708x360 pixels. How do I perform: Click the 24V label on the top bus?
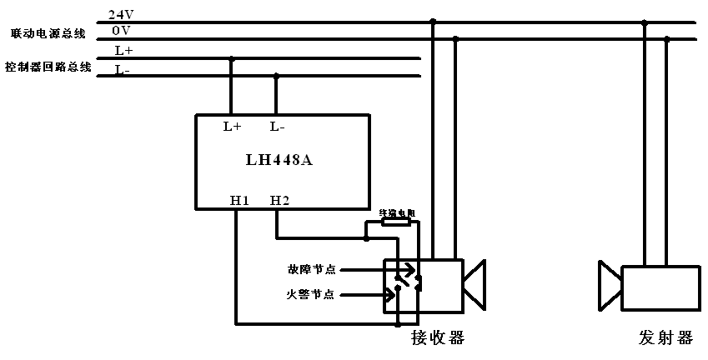(120, 15)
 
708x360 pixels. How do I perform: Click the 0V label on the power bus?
(120, 31)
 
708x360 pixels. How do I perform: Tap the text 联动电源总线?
(48, 34)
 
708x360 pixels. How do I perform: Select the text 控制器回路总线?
(48, 67)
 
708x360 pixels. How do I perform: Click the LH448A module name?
(280, 160)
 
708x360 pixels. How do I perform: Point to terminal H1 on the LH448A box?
(239, 200)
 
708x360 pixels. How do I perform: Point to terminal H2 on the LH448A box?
(279, 200)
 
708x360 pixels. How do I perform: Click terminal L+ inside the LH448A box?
(232, 127)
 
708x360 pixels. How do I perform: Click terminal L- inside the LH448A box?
(278, 127)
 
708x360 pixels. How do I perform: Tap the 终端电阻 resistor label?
(396, 213)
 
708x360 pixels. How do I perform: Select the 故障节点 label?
(311, 269)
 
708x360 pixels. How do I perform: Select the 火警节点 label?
(311, 294)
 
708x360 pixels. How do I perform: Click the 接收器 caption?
(437, 337)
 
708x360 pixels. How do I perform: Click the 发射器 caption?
(665, 337)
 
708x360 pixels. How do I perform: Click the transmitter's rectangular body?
(660, 287)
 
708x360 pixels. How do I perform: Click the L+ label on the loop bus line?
(123, 51)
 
